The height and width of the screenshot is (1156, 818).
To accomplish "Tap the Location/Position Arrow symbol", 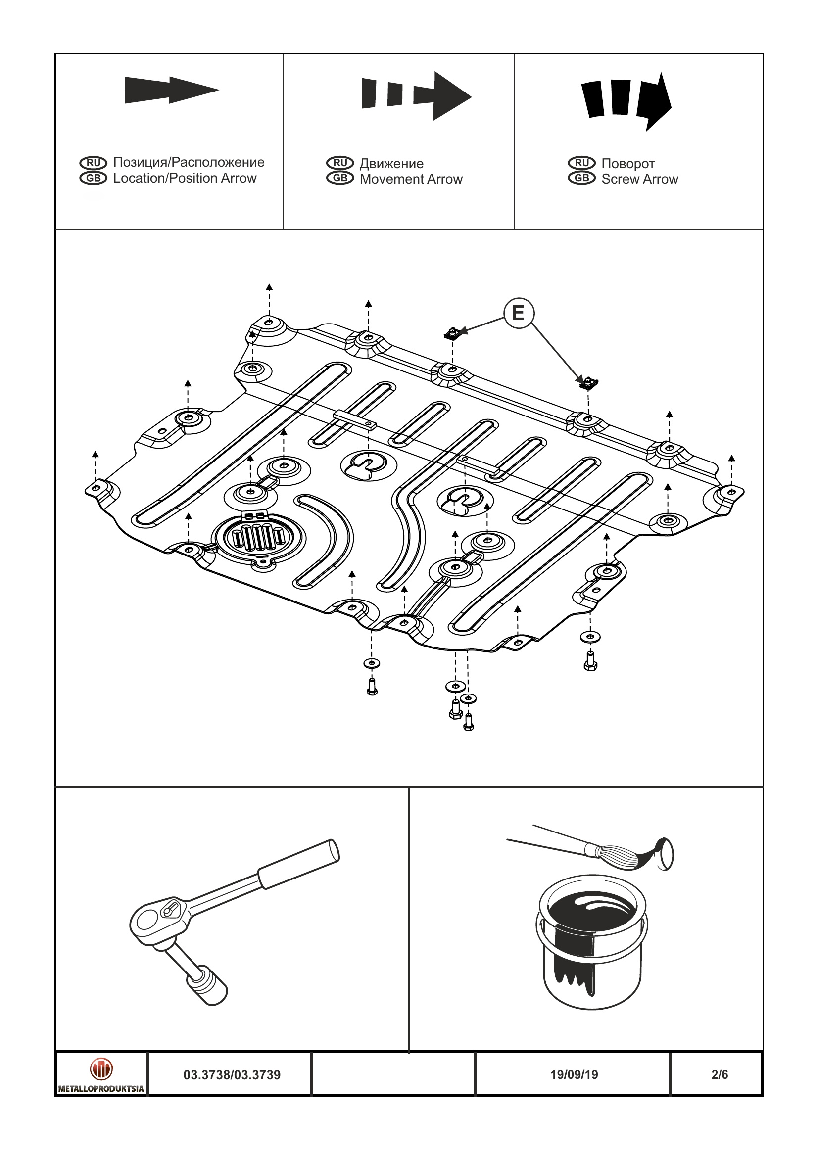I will (171, 91).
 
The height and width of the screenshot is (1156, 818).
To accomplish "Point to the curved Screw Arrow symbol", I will (626, 100).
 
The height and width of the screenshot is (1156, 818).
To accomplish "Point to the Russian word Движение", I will (391, 164).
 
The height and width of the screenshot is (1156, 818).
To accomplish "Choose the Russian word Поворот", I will (627, 164).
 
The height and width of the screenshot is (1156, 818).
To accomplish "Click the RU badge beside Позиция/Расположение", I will (93, 163).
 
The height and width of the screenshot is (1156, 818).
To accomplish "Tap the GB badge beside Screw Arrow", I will (582, 178).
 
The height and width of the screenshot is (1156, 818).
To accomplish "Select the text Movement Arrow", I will (411, 179).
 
